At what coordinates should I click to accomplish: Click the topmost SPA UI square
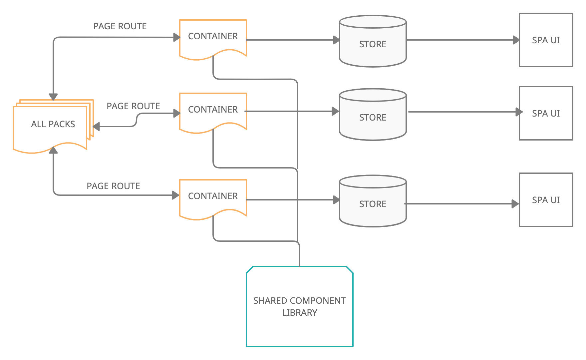coord(546,40)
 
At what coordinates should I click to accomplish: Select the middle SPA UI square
coord(546,113)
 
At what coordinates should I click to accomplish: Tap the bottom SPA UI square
coord(546,200)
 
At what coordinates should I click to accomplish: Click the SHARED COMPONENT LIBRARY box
coord(299,306)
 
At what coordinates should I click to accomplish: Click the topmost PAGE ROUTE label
coord(120,26)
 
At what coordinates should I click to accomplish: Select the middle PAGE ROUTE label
coord(133,106)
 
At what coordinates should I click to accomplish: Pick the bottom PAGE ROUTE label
coord(113,186)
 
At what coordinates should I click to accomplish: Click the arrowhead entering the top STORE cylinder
coord(336,40)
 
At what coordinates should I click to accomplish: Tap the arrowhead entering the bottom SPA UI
coord(515,203)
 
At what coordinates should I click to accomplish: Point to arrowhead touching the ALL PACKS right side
coord(97,127)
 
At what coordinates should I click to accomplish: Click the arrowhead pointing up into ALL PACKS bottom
coord(53,151)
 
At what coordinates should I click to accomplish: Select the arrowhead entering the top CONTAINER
coord(176,37)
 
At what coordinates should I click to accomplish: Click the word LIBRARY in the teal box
coord(299,313)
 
